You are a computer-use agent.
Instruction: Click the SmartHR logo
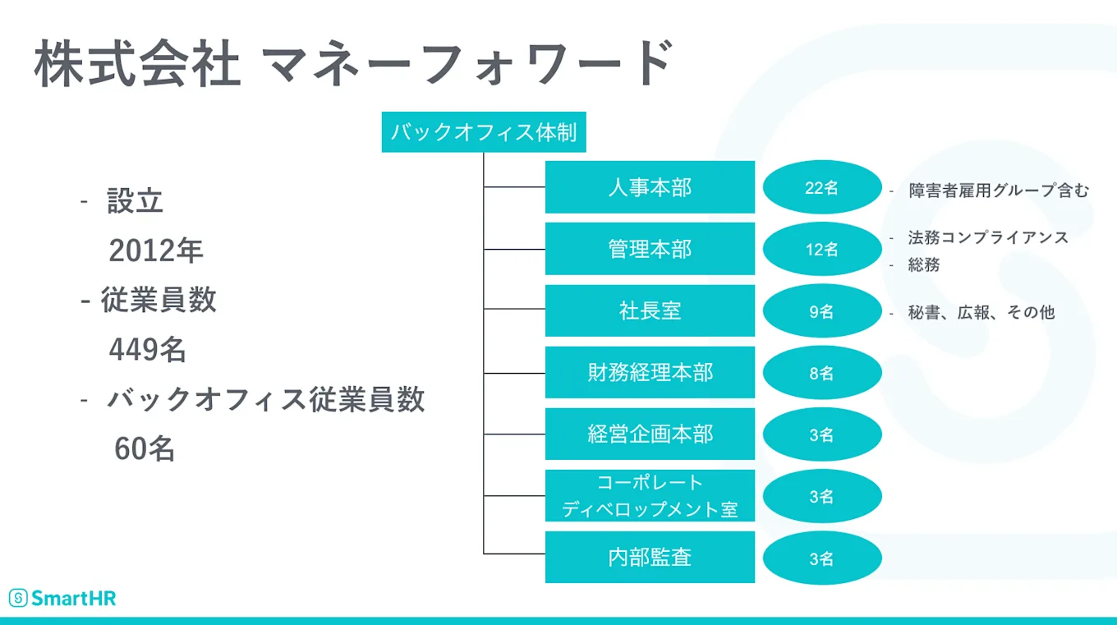tap(62, 598)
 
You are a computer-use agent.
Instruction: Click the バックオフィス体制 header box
tap(484, 133)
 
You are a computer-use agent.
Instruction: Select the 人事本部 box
tap(650, 187)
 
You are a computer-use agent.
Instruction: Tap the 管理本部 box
tap(650, 249)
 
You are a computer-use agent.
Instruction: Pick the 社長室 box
tap(650, 310)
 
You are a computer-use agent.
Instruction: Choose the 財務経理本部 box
tap(650, 372)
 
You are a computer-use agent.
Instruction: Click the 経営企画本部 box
tap(650, 434)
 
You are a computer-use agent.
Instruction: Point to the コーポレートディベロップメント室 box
tap(650, 495)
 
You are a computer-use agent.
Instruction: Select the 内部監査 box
tap(650, 557)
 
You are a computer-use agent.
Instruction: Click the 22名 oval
tap(821, 187)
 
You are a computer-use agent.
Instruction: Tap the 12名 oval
tap(821, 249)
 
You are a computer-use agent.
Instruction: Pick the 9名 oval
tap(821, 311)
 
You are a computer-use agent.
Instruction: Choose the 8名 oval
tap(821, 373)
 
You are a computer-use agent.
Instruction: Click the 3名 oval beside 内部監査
tap(821, 558)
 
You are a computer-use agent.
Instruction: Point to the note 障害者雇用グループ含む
tap(998, 191)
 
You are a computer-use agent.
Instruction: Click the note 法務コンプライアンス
tap(987, 237)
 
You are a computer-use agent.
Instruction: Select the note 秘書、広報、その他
tap(981, 312)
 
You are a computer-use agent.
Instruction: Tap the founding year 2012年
tap(156, 251)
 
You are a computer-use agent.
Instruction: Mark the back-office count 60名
tap(145, 449)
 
